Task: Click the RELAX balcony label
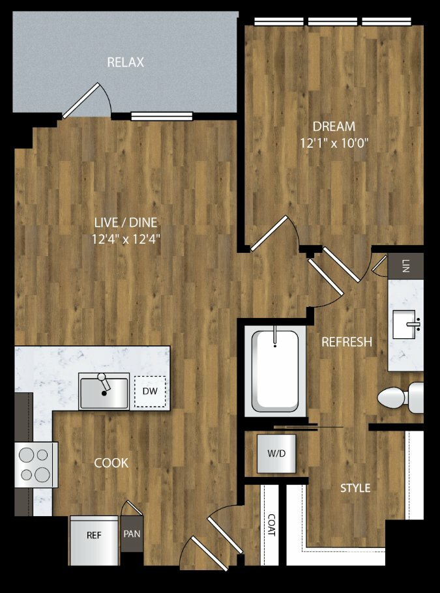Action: coord(126,63)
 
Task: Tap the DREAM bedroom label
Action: coord(334,126)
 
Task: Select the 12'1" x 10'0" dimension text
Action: coord(334,143)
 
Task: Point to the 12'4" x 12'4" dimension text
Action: coord(126,239)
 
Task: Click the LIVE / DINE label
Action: coord(126,222)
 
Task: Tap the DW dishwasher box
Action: coord(150,392)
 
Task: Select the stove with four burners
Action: coord(37,465)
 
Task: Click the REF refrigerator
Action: coord(95,541)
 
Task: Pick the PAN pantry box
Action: coord(132,534)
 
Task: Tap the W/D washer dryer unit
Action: coord(276,454)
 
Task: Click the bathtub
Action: coord(275,371)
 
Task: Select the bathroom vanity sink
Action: coord(405,325)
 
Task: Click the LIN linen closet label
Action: coord(406,266)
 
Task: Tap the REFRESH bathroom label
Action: coord(347,342)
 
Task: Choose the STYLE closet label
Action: coord(355,488)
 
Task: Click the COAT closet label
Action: coord(271,524)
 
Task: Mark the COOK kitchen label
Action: coord(111,463)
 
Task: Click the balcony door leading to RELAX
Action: coord(81,100)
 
